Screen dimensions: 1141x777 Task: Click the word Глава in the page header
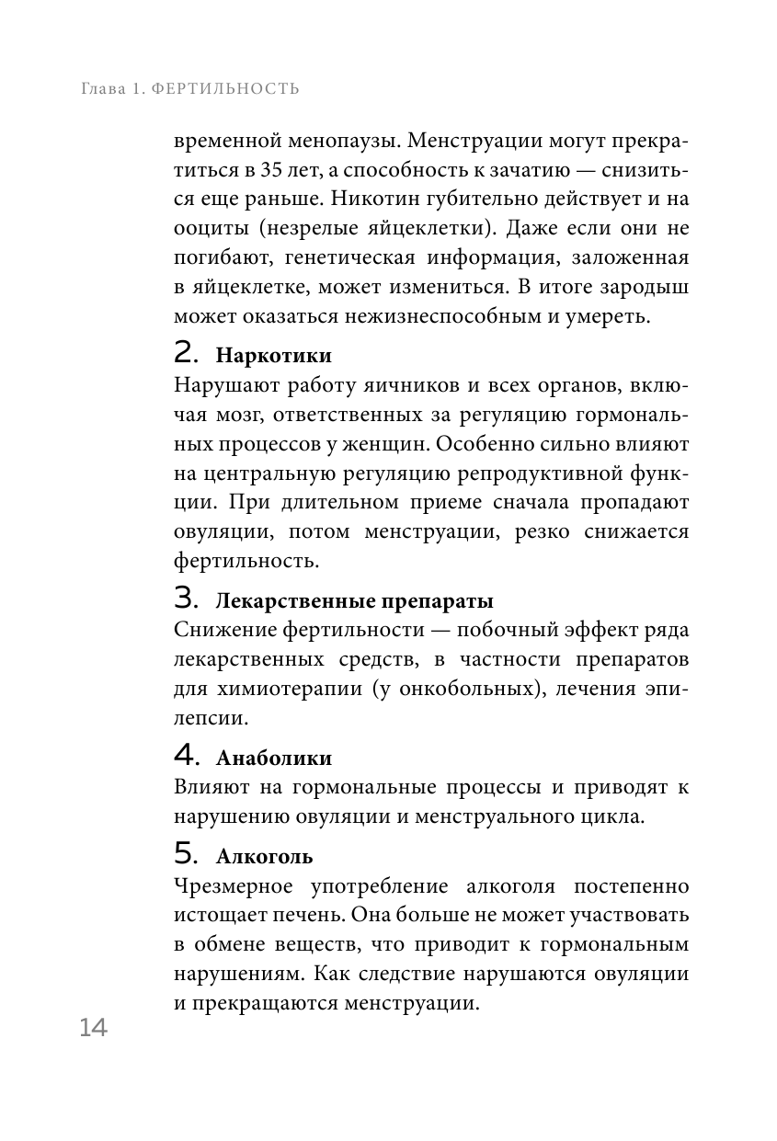(x=100, y=89)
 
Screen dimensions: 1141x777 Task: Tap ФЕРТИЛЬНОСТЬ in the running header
(x=223, y=89)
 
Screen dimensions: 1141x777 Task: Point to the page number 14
(x=93, y=1028)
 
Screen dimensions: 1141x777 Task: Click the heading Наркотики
(x=273, y=356)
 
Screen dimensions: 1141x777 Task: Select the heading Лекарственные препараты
(x=354, y=602)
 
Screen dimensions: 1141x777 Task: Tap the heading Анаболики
(x=273, y=759)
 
